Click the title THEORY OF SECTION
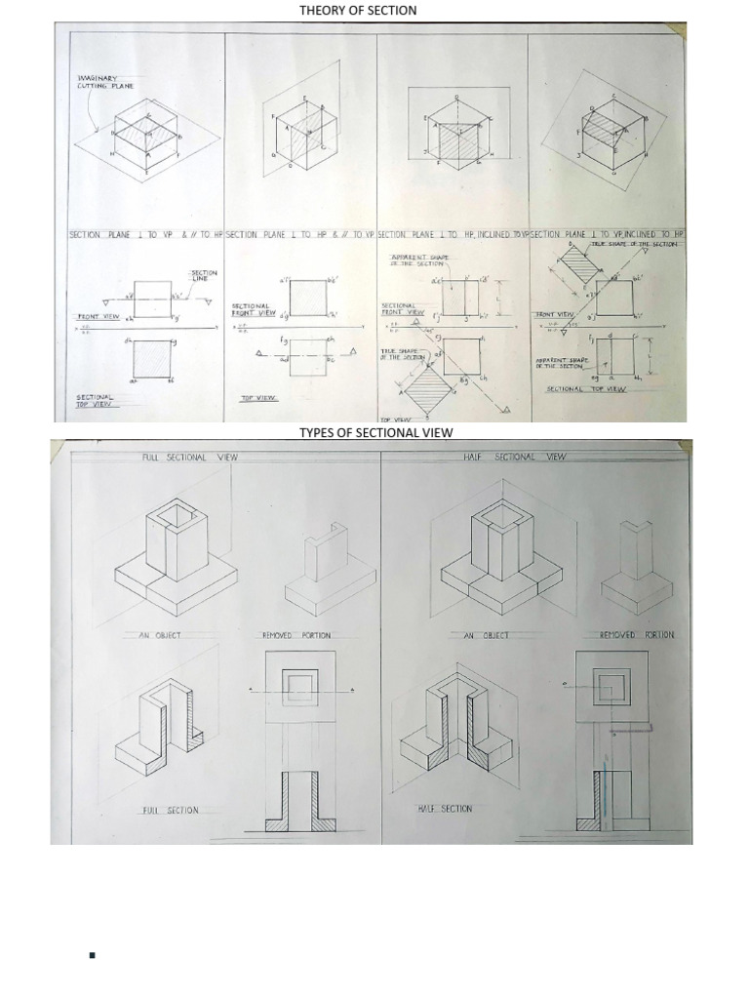coord(358,10)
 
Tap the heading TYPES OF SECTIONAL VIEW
coord(375,432)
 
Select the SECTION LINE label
coord(205,276)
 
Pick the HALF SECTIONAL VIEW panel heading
coord(515,457)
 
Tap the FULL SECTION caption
coord(170,811)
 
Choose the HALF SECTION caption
coord(445,809)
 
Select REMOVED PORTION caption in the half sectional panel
coord(636,635)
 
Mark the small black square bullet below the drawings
coord(92,956)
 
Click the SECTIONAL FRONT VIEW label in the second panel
coord(253,309)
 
